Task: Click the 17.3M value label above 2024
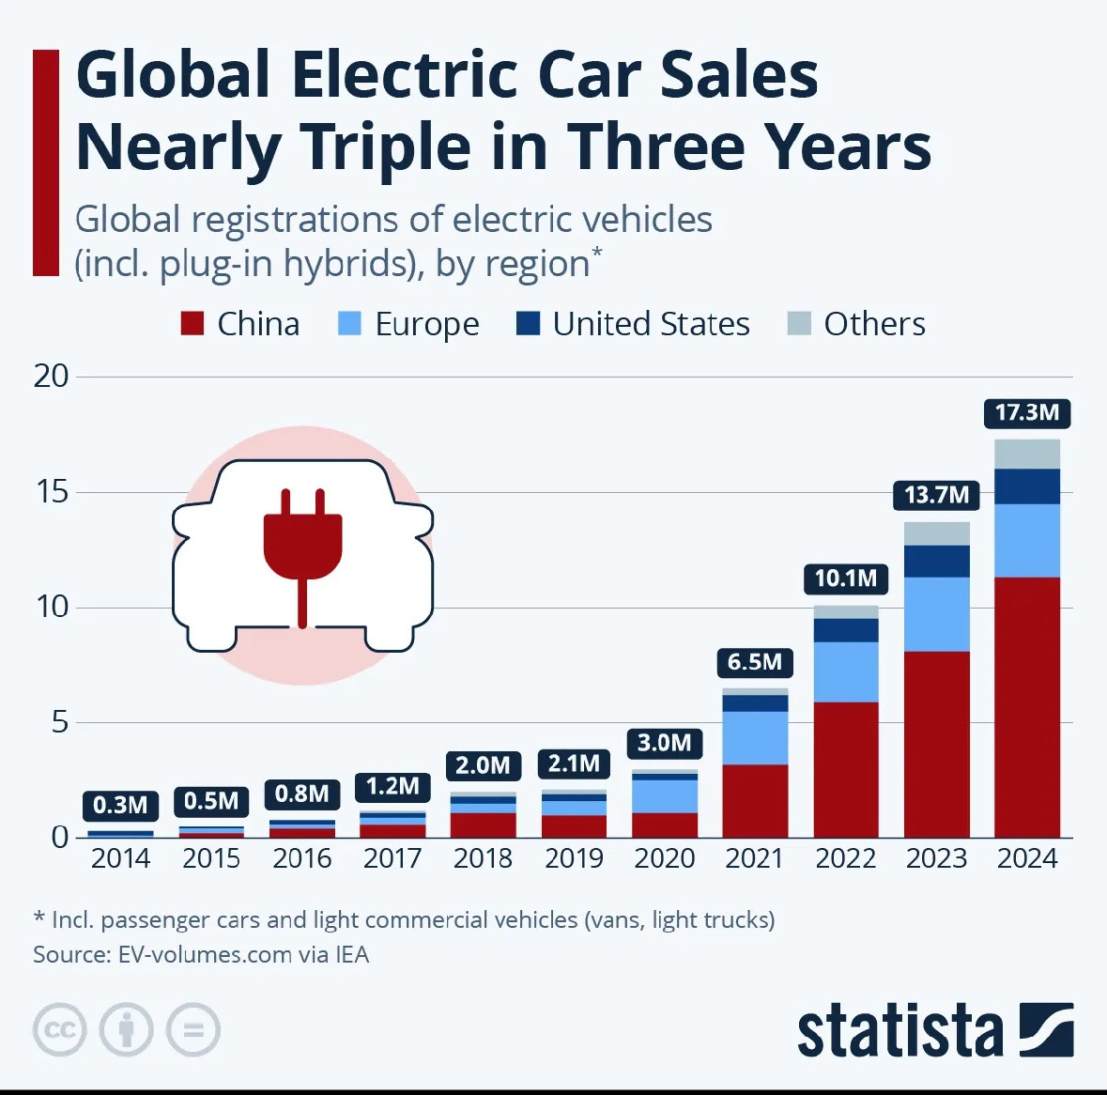[1026, 412]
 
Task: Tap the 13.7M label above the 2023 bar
[935, 495]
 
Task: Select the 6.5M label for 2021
[754, 662]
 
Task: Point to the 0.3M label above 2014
[120, 805]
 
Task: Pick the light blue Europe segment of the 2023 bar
[936, 614]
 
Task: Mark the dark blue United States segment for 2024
[1026, 486]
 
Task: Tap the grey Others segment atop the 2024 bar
[1026, 454]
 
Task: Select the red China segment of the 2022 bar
[845, 769]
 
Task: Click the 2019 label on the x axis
[574, 858]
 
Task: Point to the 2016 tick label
[301, 858]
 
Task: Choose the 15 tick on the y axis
[53, 491]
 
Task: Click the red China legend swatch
[192, 324]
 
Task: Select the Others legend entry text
[874, 324]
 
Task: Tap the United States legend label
[651, 324]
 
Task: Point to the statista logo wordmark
[899, 1032]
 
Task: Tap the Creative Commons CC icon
[60, 1030]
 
